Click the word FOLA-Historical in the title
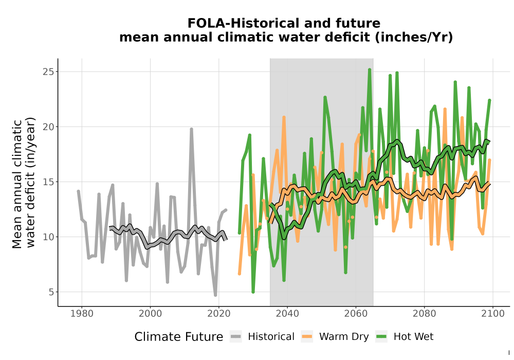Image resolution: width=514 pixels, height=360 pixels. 243,23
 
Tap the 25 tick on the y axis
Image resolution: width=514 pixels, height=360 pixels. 48,72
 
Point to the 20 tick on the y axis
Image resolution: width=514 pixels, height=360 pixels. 48,127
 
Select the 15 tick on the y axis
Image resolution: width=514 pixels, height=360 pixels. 48,182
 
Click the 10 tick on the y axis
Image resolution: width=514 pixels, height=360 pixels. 48,237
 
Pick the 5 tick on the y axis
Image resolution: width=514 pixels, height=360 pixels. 51,292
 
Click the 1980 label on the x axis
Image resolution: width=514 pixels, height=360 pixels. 82,314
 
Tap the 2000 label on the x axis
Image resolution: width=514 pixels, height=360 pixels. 151,314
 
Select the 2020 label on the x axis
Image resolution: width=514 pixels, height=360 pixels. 219,314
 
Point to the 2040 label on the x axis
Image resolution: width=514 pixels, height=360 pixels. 287,314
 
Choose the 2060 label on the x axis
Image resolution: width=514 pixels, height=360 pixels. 356,314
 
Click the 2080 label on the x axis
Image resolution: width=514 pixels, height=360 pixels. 424,314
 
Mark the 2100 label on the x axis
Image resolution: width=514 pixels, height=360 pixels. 493,314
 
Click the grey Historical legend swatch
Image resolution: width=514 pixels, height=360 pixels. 236,337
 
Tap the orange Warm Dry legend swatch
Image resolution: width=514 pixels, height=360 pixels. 307,337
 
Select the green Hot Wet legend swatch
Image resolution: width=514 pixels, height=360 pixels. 381,337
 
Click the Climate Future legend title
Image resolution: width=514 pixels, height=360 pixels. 179,337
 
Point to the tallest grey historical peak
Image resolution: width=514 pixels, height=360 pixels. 191,129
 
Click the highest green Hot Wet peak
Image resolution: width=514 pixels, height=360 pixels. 370,69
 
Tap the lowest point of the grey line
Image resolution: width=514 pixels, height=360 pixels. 215,295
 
